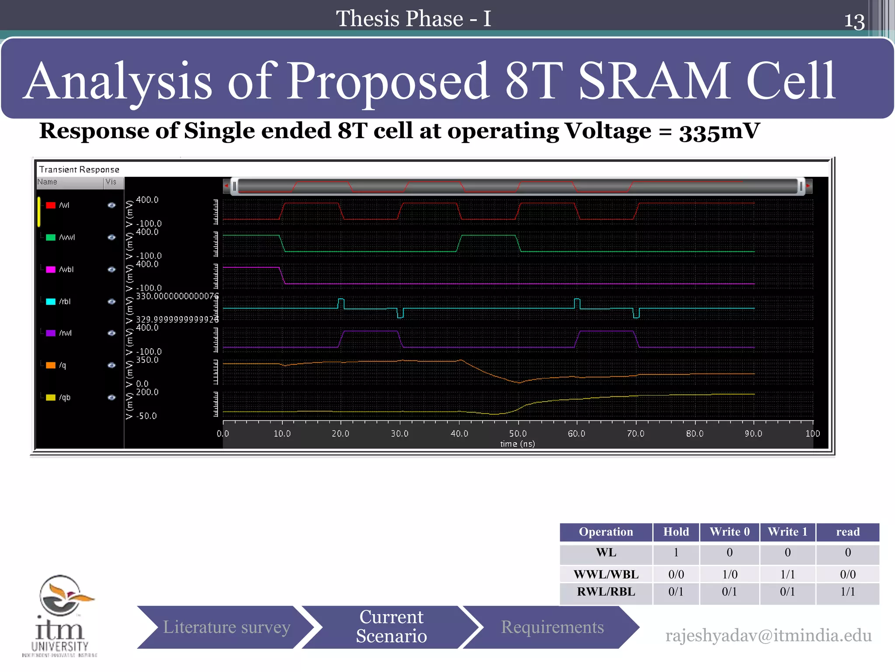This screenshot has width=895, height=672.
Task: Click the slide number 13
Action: tap(854, 21)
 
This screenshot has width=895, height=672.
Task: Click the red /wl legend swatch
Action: tap(51, 205)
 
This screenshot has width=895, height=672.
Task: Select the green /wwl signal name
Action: tap(67, 237)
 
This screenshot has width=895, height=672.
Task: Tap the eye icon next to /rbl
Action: tap(111, 301)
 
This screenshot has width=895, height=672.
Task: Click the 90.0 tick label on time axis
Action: tap(753, 433)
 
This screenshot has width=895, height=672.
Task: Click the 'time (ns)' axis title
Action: tap(517, 444)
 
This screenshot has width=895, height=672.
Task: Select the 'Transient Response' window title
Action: tap(79, 169)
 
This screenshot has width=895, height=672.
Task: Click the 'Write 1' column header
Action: tap(787, 532)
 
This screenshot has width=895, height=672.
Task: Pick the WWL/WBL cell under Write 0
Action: tap(729, 574)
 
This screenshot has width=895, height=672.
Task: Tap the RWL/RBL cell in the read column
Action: tap(847, 592)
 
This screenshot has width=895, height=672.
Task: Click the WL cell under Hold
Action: tap(676, 553)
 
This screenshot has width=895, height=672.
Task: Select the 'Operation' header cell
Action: tap(606, 532)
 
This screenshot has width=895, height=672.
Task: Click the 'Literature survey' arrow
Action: tap(226, 627)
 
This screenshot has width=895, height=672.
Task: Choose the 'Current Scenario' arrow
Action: tap(391, 626)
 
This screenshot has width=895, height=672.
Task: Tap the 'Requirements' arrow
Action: tap(552, 627)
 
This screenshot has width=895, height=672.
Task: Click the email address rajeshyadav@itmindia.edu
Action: tap(768, 635)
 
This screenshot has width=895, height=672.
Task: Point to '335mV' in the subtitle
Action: tap(719, 131)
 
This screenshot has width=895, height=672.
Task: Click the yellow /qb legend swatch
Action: tap(51, 397)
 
